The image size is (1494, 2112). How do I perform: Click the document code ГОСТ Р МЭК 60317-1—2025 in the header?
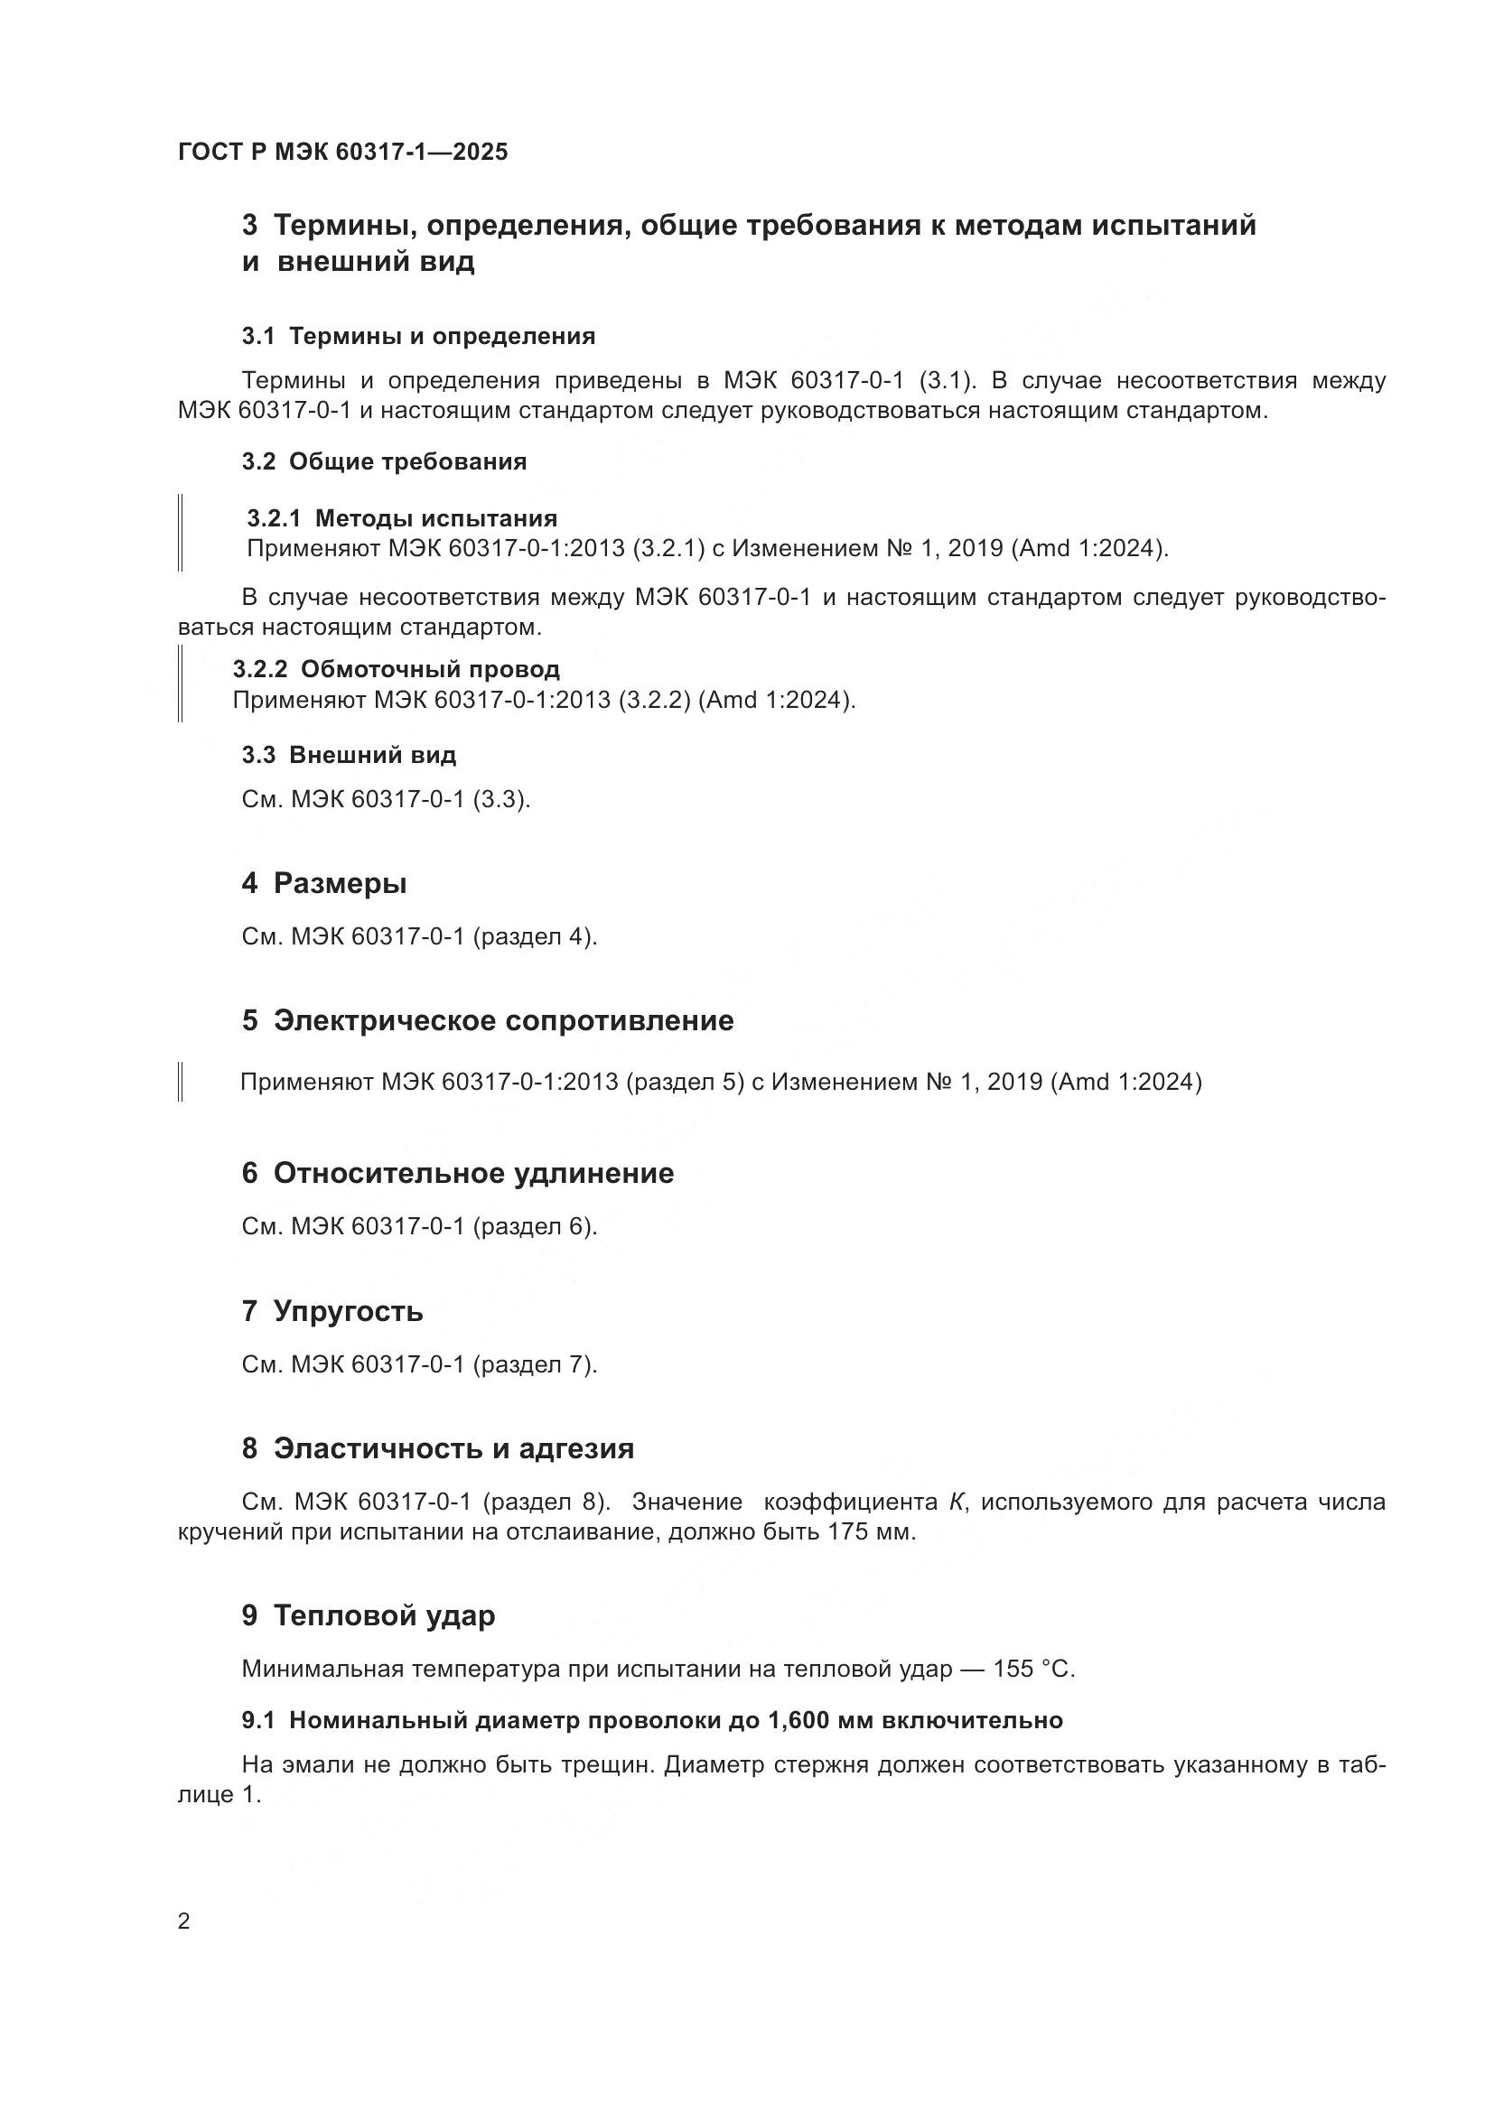click(x=342, y=152)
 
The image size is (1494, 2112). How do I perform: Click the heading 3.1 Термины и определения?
click(x=418, y=336)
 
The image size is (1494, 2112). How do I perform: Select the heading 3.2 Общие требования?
click(x=385, y=461)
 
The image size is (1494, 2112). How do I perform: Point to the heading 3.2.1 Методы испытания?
click(x=402, y=518)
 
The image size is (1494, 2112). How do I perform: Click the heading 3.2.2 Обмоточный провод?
click(x=396, y=669)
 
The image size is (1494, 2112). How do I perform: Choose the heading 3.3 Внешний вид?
click(x=349, y=755)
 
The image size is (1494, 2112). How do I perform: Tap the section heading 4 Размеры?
click(x=324, y=883)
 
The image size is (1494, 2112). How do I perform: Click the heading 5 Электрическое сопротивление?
click(x=488, y=1020)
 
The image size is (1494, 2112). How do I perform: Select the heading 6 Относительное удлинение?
click(x=457, y=1173)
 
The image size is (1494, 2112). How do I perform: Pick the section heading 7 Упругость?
click(x=332, y=1311)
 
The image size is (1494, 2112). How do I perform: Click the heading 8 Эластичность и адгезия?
click(x=438, y=1448)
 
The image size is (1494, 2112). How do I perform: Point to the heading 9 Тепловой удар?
click(x=368, y=1615)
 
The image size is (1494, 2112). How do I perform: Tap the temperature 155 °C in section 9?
click(x=1033, y=1669)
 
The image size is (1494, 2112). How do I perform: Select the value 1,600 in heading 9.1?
click(x=798, y=1720)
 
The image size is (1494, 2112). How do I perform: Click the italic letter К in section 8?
click(x=957, y=1503)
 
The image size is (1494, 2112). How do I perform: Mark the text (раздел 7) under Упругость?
click(x=535, y=1364)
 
